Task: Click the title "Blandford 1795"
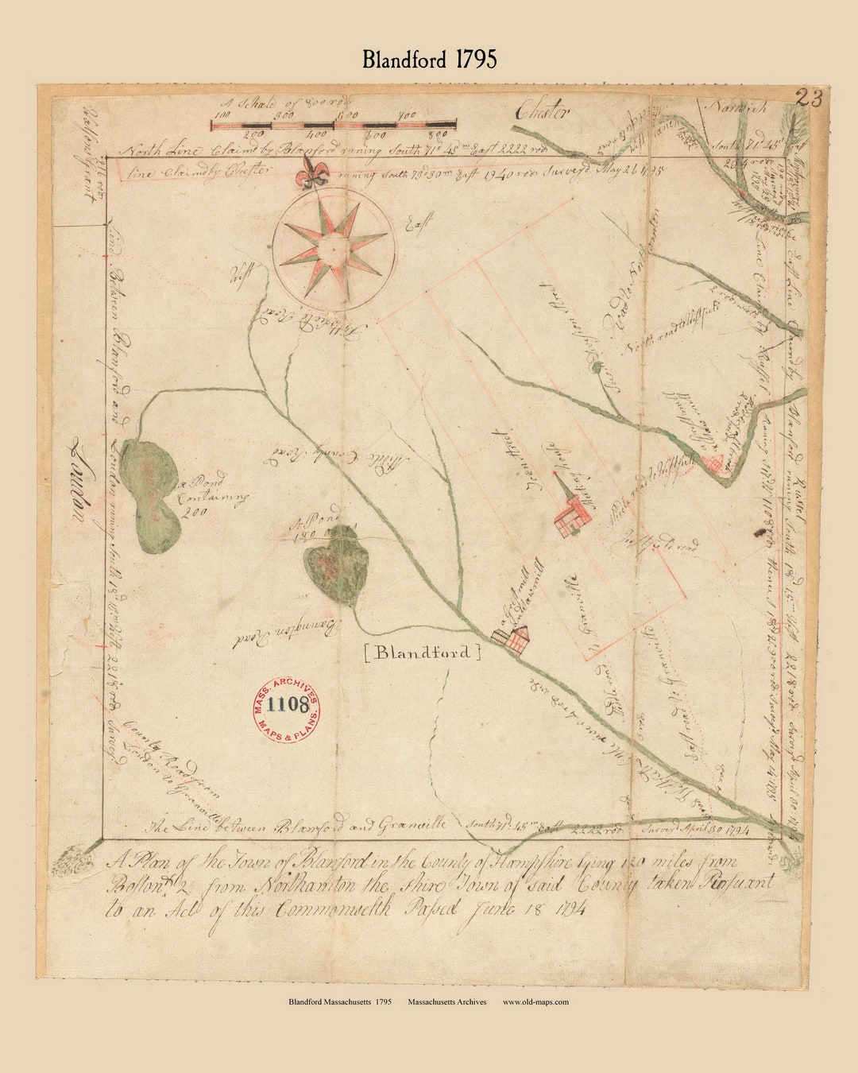pyautogui.click(x=429, y=60)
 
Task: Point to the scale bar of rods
pyautogui.click(x=334, y=125)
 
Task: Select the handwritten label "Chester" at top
pyautogui.click(x=543, y=112)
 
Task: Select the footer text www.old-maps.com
pyautogui.click(x=535, y=1002)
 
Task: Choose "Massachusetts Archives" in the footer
pyautogui.click(x=447, y=1002)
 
